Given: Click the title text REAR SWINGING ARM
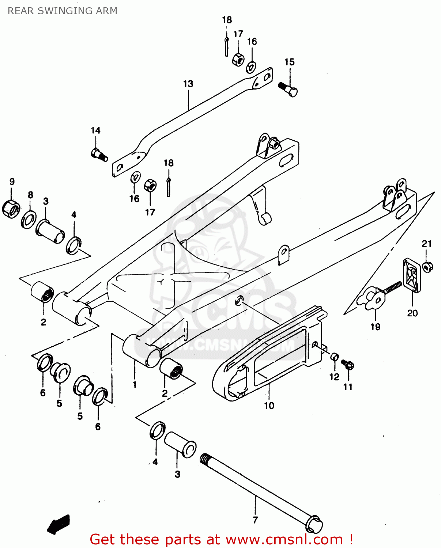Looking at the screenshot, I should [x=63, y=11].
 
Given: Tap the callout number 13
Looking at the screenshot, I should [x=188, y=84].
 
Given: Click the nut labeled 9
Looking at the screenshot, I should [x=11, y=209].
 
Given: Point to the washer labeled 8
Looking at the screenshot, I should [x=29, y=219].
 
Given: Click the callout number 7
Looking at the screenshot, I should [x=255, y=520].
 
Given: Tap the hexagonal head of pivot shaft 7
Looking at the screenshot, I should [x=314, y=525].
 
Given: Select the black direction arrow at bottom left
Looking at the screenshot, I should [x=59, y=524].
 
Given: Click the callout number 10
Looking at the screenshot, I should [x=269, y=406].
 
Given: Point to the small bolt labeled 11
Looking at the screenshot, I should [x=347, y=365].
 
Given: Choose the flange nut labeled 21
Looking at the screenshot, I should [x=427, y=267].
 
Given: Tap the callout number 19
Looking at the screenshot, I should [x=376, y=327].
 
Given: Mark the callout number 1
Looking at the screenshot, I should [x=135, y=384].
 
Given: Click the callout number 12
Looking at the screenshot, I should [x=334, y=377].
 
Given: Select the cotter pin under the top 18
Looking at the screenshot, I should [x=227, y=46].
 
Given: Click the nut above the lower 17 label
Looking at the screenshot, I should [x=150, y=186].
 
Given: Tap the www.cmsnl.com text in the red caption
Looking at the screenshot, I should [x=284, y=539].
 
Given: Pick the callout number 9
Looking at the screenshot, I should [x=12, y=182].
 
